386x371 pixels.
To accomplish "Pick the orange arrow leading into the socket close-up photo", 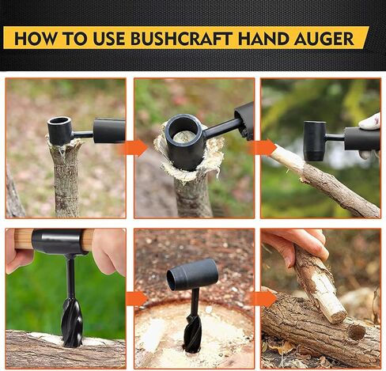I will tap(132, 147).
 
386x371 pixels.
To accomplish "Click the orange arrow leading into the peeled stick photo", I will tap(261, 147).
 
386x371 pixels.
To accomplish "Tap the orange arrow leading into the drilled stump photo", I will tap(136, 298).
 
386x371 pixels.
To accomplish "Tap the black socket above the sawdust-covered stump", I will tap(191, 274).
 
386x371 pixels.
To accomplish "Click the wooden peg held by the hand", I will tap(320, 286).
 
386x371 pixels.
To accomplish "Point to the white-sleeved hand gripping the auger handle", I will tap(370, 123).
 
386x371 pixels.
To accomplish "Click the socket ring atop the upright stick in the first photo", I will tap(60, 131).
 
